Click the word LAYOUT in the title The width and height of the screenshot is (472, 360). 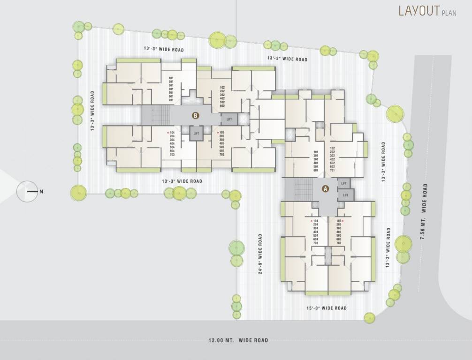click(x=419, y=11)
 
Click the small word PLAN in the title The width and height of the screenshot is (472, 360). click(x=449, y=13)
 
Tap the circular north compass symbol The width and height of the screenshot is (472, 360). click(x=27, y=191)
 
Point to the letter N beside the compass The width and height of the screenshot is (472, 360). click(x=41, y=191)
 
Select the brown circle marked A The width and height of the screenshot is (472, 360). click(x=326, y=188)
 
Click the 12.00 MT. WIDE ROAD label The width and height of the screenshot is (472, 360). click(x=239, y=340)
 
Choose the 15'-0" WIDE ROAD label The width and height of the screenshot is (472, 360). click(x=327, y=308)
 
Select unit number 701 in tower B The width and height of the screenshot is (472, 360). click(x=171, y=100)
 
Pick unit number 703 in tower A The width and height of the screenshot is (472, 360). click(x=316, y=243)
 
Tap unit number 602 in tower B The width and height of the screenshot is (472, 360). click(x=222, y=106)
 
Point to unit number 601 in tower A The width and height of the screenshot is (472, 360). click(x=316, y=170)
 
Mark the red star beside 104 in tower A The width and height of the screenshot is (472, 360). click(x=312, y=221)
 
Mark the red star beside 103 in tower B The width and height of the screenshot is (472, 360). click(x=218, y=133)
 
